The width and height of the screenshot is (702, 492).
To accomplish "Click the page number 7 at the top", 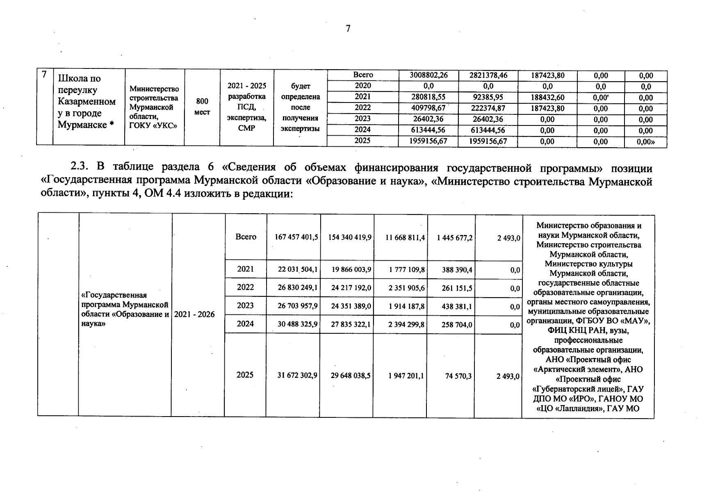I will [348, 28].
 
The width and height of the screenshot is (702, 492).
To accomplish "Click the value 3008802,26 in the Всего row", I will [428, 75].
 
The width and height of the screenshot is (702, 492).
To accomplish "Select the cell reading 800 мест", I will [202, 107].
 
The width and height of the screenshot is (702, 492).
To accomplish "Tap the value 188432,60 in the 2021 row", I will [547, 98].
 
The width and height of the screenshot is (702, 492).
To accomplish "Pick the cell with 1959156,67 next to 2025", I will [428, 141].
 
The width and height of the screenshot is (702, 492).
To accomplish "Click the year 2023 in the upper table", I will [362, 119].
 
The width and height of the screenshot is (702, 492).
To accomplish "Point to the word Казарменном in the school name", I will [87, 102].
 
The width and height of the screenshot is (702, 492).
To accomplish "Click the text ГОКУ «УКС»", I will [153, 126].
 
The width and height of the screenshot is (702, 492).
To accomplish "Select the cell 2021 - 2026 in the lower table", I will [194, 314].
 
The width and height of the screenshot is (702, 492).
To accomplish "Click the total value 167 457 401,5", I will [296, 237].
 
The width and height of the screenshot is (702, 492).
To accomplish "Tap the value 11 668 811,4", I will [405, 237].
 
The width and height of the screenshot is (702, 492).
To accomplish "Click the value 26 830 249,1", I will [297, 288].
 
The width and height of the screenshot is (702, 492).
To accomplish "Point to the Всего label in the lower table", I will [246, 237].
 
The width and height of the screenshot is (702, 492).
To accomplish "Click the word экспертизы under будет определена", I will [300, 129].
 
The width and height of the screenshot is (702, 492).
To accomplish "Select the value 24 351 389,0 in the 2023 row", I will [351, 306].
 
